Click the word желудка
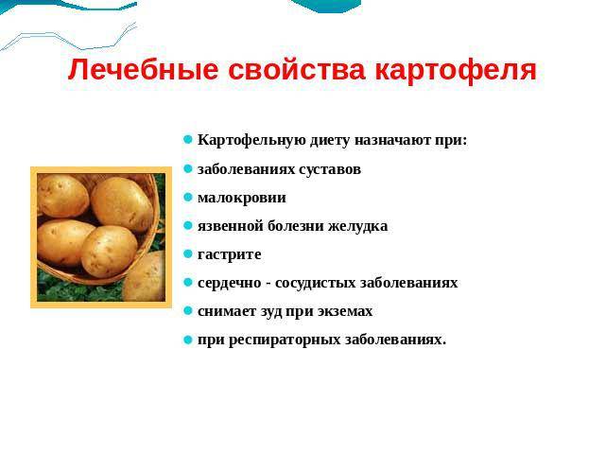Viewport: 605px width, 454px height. (x=356, y=226)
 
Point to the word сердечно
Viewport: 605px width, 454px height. (x=228, y=283)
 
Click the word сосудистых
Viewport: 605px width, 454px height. (x=310, y=283)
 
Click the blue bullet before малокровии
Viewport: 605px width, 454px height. (x=188, y=198)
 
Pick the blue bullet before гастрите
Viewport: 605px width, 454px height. (x=188, y=254)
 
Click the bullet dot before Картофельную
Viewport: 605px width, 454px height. (x=188, y=140)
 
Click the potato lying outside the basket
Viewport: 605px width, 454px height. (x=147, y=277)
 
